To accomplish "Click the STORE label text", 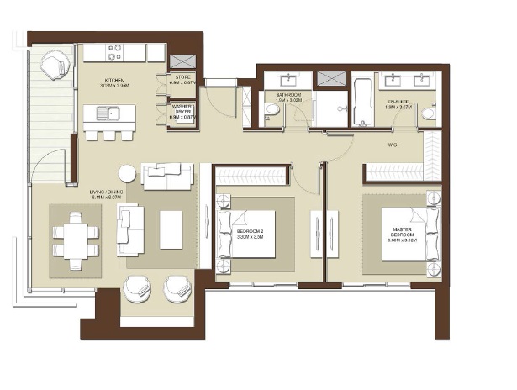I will point(182,77).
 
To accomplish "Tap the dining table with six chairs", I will point(76,238).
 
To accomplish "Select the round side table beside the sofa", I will point(127,174).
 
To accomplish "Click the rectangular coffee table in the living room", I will point(171,229).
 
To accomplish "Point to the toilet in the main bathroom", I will point(272,111).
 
